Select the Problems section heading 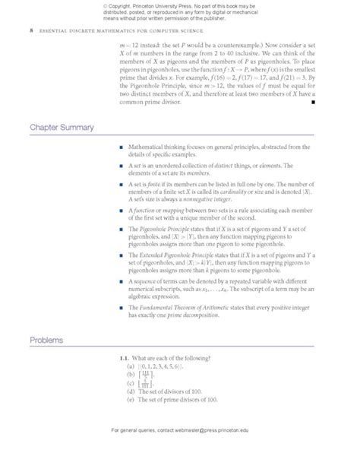pos(47,340)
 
